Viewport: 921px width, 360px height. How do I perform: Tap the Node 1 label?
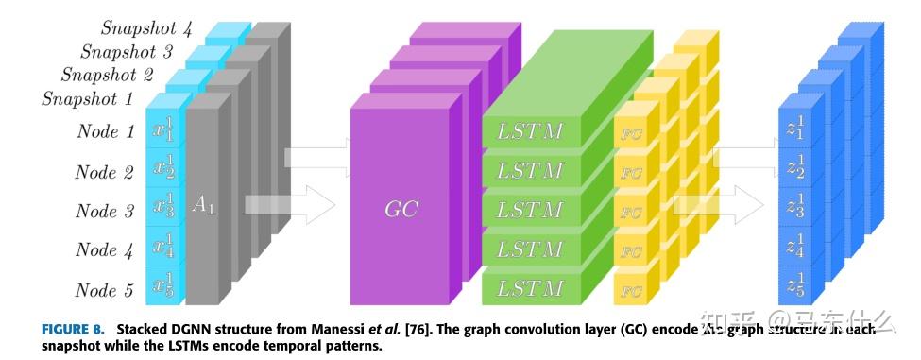[x=105, y=131]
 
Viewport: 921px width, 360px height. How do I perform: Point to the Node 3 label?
[x=104, y=211]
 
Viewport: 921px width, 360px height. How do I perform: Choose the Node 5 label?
[x=104, y=289]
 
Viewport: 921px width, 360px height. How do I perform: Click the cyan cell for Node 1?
[x=164, y=131]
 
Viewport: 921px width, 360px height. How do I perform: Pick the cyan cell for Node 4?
[x=164, y=249]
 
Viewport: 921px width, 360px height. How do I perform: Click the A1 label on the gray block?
[x=203, y=205]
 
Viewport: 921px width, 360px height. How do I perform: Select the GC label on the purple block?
[x=401, y=209]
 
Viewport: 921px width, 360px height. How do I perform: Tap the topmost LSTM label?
[x=530, y=131]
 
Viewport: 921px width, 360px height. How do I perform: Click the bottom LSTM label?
[x=530, y=287]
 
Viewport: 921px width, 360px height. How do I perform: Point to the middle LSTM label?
[x=530, y=210]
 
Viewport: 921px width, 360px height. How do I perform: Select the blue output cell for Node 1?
[x=795, y=131]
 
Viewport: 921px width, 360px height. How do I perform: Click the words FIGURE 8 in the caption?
[x=72, y=330]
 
